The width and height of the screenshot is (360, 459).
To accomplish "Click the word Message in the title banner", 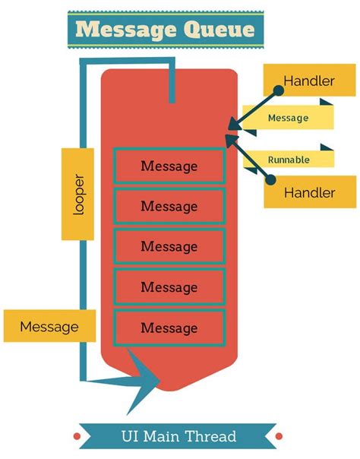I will point(121,31).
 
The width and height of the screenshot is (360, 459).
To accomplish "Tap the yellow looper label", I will point(78,195).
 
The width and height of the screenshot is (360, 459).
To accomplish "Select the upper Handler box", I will point(309,81).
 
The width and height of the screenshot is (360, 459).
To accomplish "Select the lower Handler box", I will point(309,192).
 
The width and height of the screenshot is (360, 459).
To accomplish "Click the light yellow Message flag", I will point(289,118).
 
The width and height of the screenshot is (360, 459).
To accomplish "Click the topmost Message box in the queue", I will point(169,166).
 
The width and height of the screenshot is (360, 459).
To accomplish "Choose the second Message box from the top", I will point(169,206).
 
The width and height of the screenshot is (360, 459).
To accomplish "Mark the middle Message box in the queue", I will point(169,246).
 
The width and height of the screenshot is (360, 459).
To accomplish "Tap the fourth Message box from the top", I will point(169,287).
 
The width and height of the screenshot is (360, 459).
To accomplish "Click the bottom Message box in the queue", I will point(169,328).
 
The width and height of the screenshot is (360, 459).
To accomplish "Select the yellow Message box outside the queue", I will point(49,327).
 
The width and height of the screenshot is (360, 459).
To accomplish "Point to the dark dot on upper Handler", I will point(278,90).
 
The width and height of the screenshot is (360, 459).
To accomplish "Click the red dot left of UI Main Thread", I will point(77,436).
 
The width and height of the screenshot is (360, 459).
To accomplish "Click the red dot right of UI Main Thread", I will point(279,436).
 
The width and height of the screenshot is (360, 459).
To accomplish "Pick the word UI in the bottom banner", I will point(131,436).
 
